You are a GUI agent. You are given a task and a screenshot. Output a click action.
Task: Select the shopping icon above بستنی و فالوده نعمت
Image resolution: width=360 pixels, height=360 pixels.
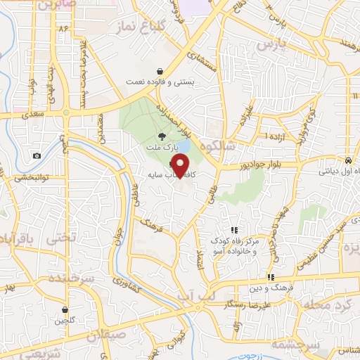pos(161,71)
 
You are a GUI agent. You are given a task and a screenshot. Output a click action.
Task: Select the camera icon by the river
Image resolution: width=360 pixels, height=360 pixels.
pos(37,155)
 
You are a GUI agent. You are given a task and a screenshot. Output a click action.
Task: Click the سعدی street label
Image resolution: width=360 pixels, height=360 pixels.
pos(34,112)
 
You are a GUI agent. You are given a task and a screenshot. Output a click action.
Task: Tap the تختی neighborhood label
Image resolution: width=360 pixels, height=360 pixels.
pos(61,240)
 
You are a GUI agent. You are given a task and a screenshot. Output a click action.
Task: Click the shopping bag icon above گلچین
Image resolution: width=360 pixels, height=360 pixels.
pos(64,309)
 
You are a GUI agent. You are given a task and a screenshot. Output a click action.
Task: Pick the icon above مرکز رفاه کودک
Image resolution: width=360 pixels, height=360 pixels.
pos(235,229)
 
